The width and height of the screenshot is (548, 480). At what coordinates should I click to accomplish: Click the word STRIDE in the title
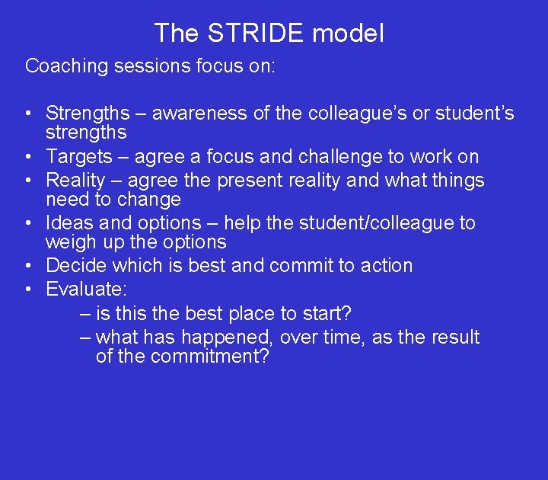[x=256, y=34]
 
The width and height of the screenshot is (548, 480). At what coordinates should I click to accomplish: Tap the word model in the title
[x=349, y=34]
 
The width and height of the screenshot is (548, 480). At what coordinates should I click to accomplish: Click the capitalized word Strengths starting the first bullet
[x=88, y=114]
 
